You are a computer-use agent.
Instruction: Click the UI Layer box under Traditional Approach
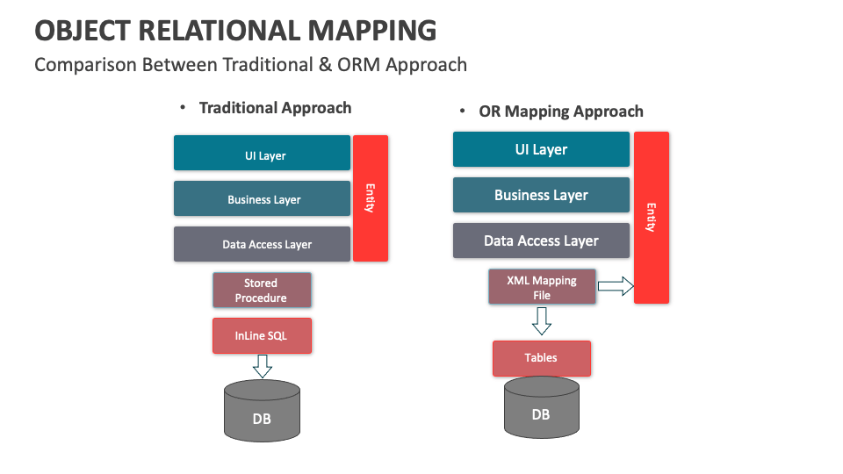tap(262, 153)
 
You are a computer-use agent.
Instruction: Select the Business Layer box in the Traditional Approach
tap(262, 198)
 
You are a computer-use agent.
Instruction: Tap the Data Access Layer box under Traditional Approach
tap(262, 244)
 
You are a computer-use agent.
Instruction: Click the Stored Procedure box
tap(262, 291)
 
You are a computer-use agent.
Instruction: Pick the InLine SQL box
tap(262, 336)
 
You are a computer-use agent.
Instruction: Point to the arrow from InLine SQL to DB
tap(263, 366)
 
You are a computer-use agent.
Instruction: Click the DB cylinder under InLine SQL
tap(262, 411)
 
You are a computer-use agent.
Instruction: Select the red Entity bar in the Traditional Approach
tap(371, 198)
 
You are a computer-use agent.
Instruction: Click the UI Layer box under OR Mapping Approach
tap(541, 149)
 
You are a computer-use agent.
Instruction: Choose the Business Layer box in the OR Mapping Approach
tap(541, 195)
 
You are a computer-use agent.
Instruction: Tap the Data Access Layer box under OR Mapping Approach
tap(541, 241)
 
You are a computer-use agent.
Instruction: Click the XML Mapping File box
tap(542, 287)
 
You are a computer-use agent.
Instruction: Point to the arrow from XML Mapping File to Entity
tap(616, 286)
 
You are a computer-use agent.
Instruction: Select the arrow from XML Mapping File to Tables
tap(542, 321)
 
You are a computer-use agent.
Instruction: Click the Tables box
tap(542, 358)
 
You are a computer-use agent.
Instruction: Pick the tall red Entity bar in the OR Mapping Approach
tap(652, 218)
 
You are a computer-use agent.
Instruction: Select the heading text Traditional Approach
tap(275, 108)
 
